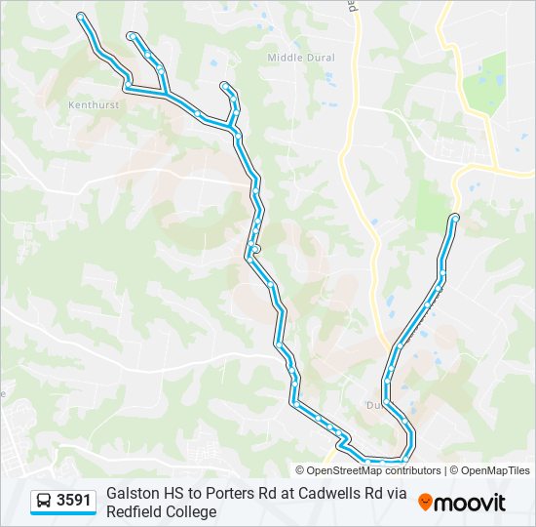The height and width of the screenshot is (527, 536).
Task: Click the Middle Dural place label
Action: pos(301,58)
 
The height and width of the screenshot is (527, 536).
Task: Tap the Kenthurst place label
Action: pos(94,102)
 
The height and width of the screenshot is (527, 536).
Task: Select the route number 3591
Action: pos(74,501)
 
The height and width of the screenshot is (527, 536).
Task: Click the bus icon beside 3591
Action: pos(44,502)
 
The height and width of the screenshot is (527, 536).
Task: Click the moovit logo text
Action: pos(470,503)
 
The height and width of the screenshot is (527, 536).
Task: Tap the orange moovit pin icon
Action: pos(426,502)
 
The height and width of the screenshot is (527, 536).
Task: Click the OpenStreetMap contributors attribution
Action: pos(368,470)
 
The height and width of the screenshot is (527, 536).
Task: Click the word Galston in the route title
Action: pos(133,494)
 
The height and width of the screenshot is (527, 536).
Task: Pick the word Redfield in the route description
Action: pos(137,511)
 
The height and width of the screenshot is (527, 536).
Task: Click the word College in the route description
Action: pos(193,511)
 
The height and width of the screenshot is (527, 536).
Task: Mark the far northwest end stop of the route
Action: pos(81,16)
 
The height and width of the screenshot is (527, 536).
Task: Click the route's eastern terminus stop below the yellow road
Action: pos(455,217)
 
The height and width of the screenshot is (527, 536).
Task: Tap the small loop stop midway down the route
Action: pos(255,250)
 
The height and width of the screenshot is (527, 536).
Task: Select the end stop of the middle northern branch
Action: pos(131,36)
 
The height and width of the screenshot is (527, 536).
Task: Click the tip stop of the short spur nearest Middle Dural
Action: pos(225,86)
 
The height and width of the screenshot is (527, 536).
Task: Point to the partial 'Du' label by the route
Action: pos(372,404)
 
